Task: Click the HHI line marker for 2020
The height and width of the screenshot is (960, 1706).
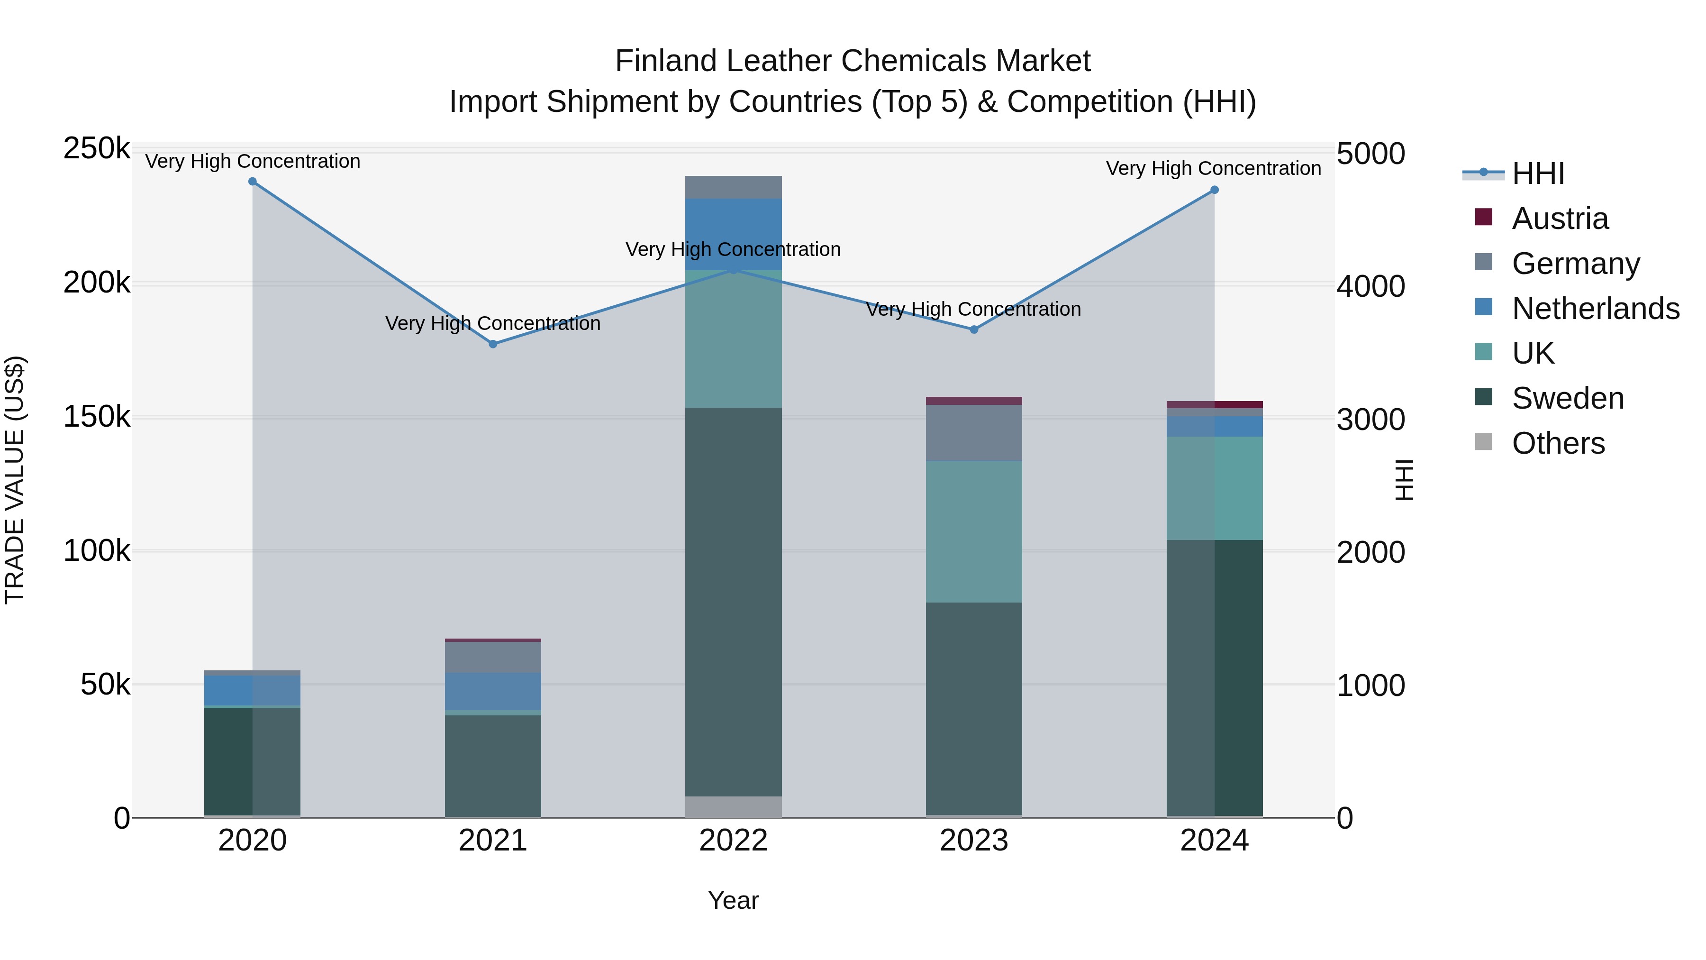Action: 252,182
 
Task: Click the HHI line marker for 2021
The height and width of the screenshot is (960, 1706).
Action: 493,344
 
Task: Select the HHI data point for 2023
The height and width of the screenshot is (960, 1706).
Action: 973,329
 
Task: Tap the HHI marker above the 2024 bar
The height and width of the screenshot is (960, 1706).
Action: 1214,190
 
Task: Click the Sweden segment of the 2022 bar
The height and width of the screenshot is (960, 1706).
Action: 733,596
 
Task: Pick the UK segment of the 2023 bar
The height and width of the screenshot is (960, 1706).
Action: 973,530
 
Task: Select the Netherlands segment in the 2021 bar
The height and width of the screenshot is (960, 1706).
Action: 493,691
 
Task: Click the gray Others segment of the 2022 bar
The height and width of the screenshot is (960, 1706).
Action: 733,806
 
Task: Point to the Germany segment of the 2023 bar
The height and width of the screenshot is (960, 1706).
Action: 973,432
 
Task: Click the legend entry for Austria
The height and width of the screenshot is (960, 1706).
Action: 1559,219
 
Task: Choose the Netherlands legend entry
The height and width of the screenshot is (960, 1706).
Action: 1595,309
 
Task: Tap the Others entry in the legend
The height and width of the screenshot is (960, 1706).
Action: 1558,443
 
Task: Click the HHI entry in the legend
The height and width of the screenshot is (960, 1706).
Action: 1538,174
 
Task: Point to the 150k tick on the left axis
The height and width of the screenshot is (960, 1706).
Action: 97,417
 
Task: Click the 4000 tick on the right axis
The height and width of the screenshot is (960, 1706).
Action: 1370,286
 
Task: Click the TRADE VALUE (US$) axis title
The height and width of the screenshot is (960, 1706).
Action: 15,480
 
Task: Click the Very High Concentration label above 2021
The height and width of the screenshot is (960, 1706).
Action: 493,323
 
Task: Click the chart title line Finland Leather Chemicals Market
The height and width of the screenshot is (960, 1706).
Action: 853,61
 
